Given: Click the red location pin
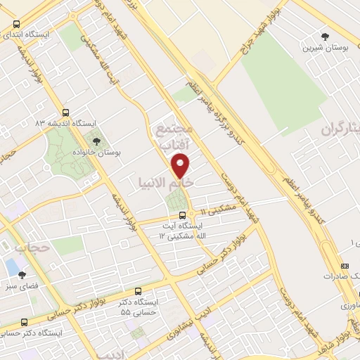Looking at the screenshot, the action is (x=181, y=165).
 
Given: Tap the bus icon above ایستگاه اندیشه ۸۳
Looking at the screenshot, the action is (x=65, y=111).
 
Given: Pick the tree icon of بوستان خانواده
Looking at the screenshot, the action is (x=96, y=140).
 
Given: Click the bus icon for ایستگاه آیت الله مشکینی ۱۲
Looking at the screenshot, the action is (x=182, y=215).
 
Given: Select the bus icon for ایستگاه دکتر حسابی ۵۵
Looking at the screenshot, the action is (x=138, y=290).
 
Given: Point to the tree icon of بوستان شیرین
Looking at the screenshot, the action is (x=324, y=36).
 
